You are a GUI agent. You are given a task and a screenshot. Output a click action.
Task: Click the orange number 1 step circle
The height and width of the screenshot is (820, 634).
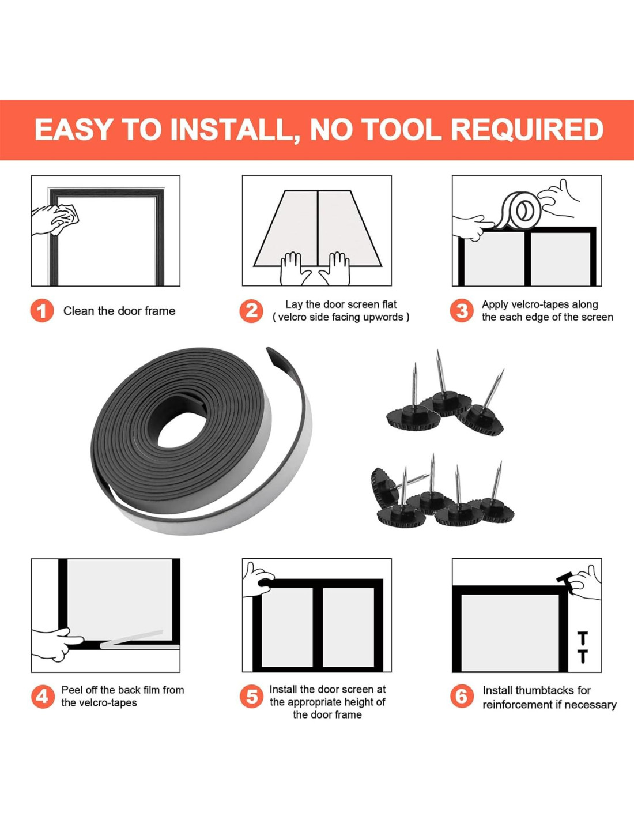(x=42, y=311)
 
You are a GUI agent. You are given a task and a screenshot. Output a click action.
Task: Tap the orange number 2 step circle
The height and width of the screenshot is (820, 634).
(x=251, y=311)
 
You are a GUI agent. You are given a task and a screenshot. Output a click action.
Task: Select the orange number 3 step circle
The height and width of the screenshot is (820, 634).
(x=461, y=311)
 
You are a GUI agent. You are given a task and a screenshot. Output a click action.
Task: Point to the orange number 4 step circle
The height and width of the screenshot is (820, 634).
(x=42, y=696)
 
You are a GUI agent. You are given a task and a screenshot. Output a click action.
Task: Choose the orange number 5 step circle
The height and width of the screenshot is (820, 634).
(x=251, y=696)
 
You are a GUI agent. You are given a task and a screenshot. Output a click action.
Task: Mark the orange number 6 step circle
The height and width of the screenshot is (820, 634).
(x=461, y=696)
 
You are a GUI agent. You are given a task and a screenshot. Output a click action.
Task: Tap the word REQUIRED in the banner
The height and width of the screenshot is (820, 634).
(x=527, y=129)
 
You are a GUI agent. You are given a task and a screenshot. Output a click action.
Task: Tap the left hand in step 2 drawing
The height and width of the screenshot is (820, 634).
(x=294, y=269)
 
